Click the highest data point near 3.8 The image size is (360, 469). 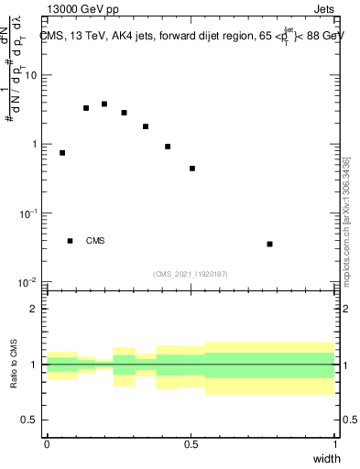coord(104,104)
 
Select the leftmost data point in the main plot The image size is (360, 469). coord(62,153)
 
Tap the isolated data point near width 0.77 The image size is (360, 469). coord(269,244)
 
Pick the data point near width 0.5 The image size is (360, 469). coord(192,169)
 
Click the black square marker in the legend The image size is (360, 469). coord(70,241)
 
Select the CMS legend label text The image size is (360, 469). coord(95,241)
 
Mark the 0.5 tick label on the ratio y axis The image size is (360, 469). coord(30,420)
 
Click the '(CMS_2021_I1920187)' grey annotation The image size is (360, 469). coord(191,274)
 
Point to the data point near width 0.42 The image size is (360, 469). coord(168,147)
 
